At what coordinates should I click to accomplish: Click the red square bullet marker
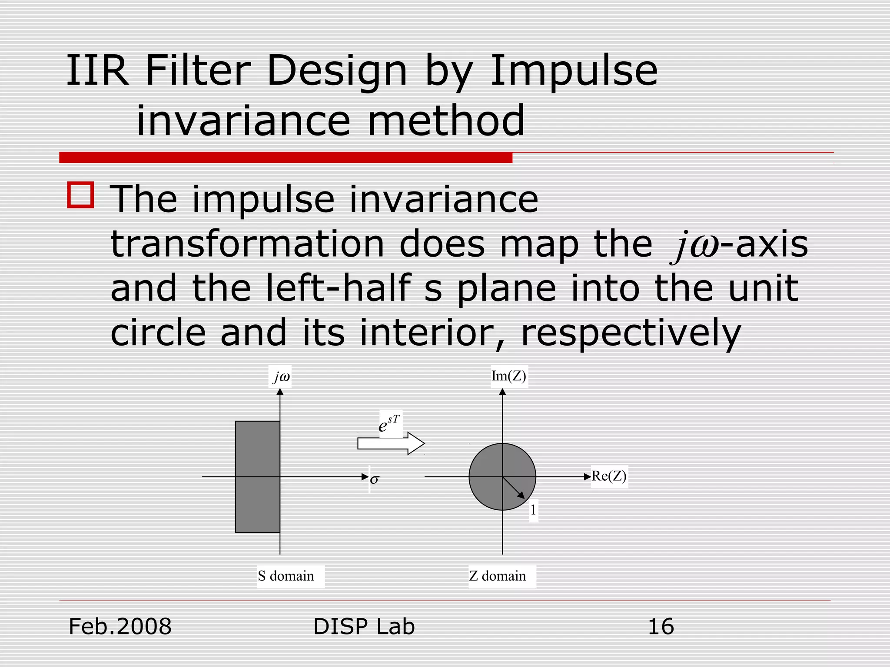(81, 195)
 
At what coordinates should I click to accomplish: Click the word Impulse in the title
(573, 71)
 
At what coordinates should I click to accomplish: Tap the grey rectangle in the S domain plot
(257, 476)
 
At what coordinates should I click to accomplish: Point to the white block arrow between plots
(391, 443)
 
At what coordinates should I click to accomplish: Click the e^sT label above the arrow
(389, 424)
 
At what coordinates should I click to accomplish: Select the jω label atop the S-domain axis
(281, 376)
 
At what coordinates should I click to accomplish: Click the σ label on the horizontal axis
(374, 479)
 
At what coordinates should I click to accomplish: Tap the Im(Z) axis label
(508, 376)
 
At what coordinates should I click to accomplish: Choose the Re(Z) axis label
(609, 476)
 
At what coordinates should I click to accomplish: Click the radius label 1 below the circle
(533, 510)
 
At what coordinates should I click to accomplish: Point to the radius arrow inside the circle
(514, 488)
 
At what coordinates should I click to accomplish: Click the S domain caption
(286, 576)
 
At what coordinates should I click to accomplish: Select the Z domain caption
(498, 576)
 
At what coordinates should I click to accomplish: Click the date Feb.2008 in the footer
(120, 627)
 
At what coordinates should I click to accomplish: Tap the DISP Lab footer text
(364, 627)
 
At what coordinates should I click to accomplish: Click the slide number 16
(661, 627)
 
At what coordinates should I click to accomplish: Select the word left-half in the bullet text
(338, 288)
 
